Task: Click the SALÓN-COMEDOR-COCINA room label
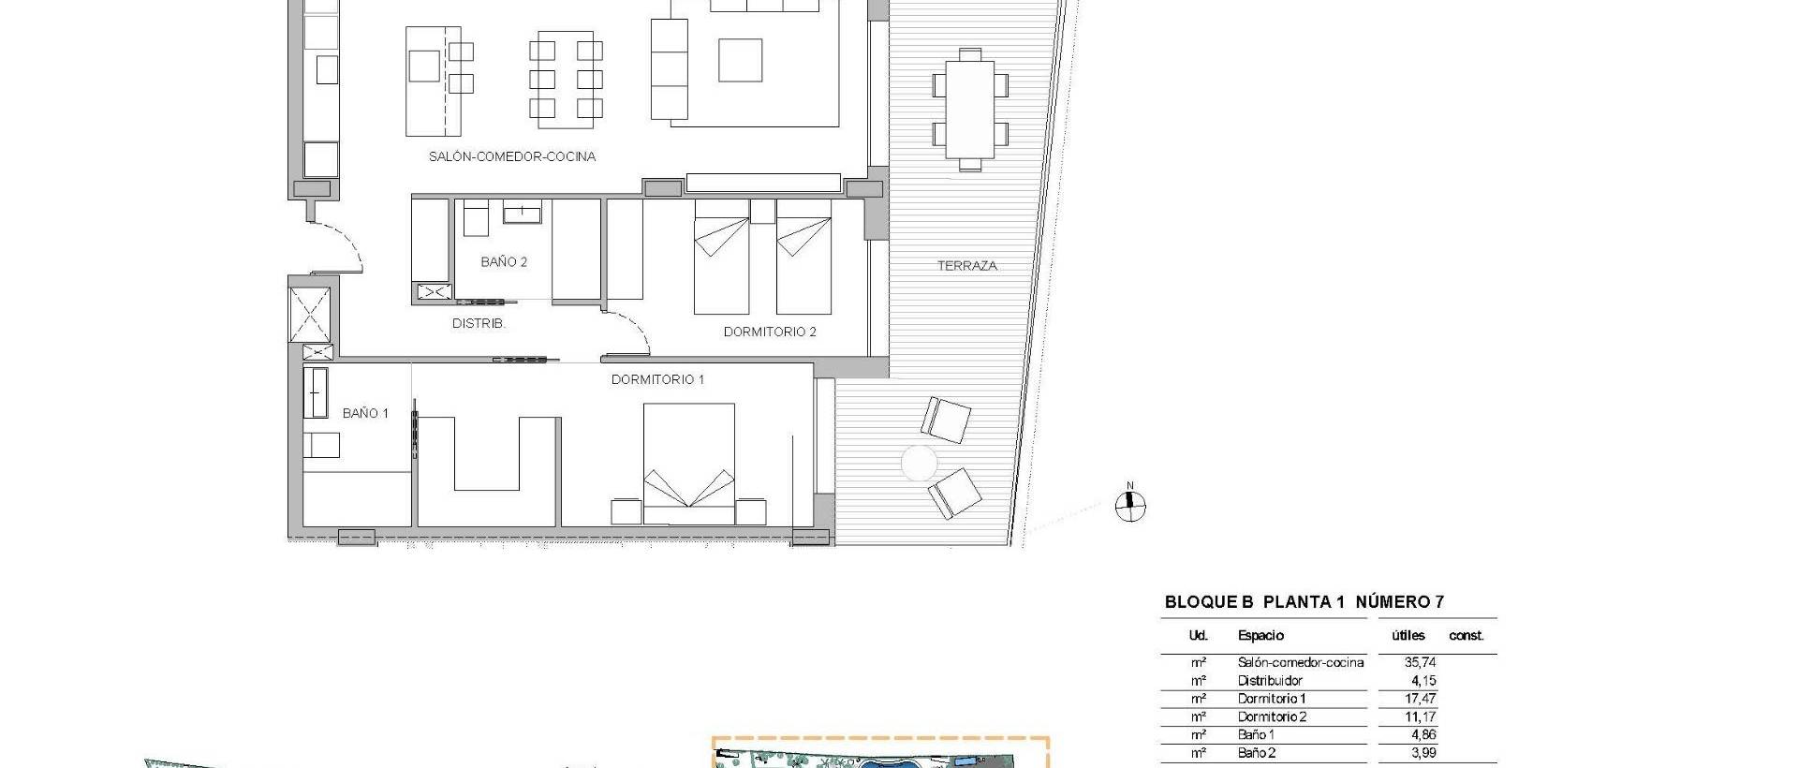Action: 511,156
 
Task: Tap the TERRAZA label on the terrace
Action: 966,266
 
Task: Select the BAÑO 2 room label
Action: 504,262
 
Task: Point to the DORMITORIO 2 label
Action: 770,332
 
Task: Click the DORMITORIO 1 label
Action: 657,379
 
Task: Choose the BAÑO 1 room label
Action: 365,413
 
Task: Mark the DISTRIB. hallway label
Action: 479,323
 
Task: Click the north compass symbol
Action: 1130,505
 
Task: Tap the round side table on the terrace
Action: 919,463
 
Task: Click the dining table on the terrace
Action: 969,110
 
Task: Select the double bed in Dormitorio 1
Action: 688,464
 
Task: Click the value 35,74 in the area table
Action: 1420,662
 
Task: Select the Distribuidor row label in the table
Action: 1270,681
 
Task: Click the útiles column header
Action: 1408,635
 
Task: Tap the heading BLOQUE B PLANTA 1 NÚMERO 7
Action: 1304,602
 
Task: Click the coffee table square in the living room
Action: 740,59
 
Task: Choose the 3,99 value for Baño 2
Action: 1422,752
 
